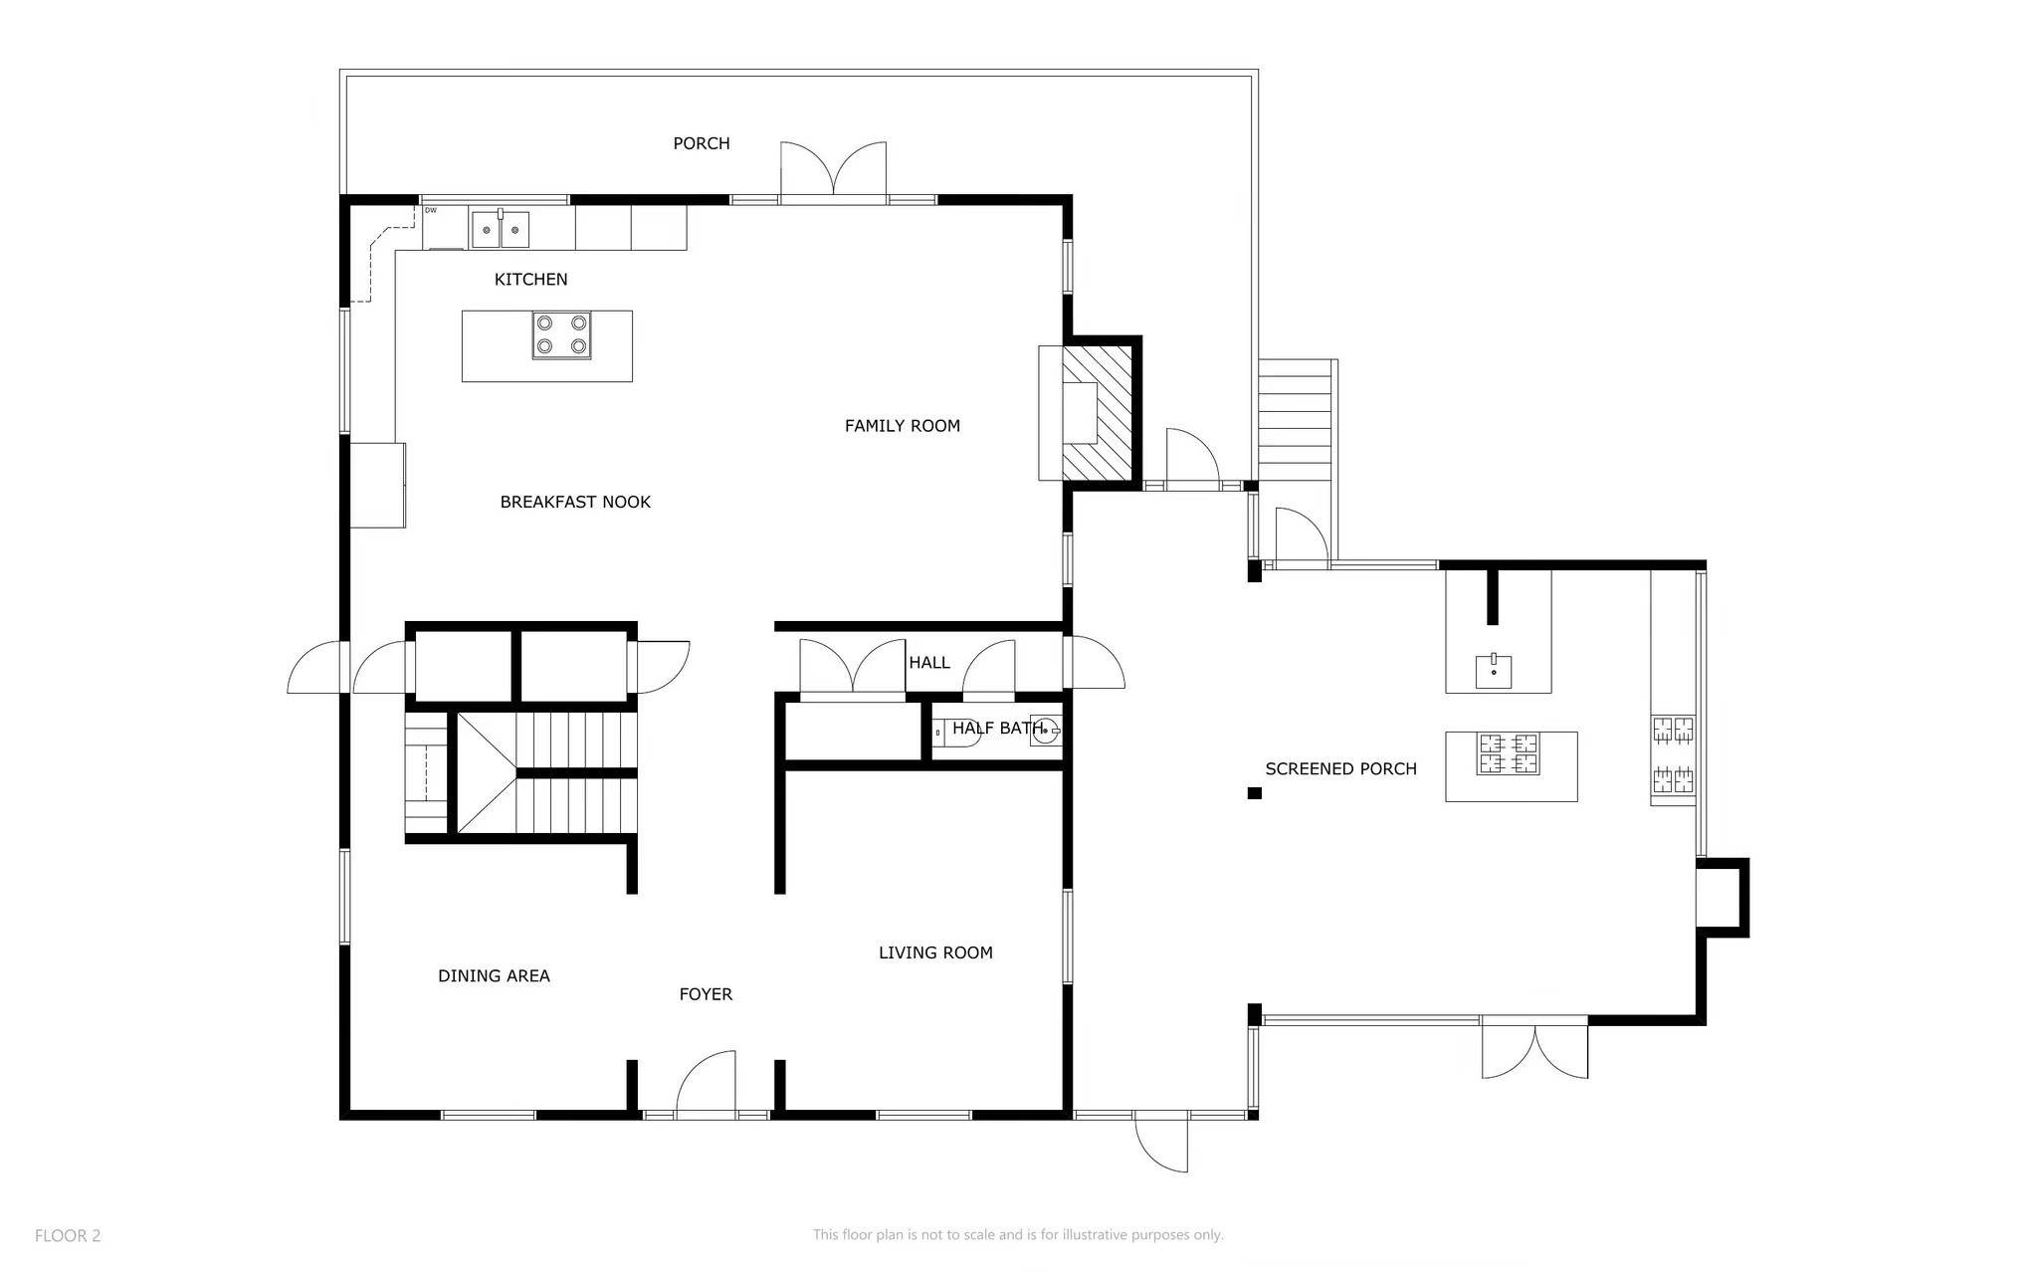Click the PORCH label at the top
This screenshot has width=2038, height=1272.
(x=702, y=143)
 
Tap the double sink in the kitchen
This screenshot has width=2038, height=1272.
(x=500, y=230)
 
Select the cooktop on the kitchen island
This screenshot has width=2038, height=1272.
(x=561, y=334)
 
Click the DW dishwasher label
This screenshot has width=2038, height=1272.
(x=431, y=211)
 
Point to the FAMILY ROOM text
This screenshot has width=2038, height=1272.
(x=902, y=426)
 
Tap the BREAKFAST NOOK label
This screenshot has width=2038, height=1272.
(x=575, y=503)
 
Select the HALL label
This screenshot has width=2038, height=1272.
(x=928, y=663)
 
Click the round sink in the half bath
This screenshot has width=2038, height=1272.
(x=1045, y=730)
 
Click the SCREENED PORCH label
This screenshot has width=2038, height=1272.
(x=1340, y=769)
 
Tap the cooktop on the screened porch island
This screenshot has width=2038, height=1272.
(x=1509, y=753)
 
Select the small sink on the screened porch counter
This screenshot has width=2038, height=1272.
(x=1494, y=671)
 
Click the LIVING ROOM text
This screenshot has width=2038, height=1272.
(x=935, y=954)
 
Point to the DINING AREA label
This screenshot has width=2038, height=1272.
(x=494, y=976)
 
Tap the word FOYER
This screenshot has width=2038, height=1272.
(x=706, y=994)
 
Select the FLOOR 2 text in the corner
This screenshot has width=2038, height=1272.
(x=68, y=1236)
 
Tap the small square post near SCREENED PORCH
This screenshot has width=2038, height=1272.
(x=1255, y=793)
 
